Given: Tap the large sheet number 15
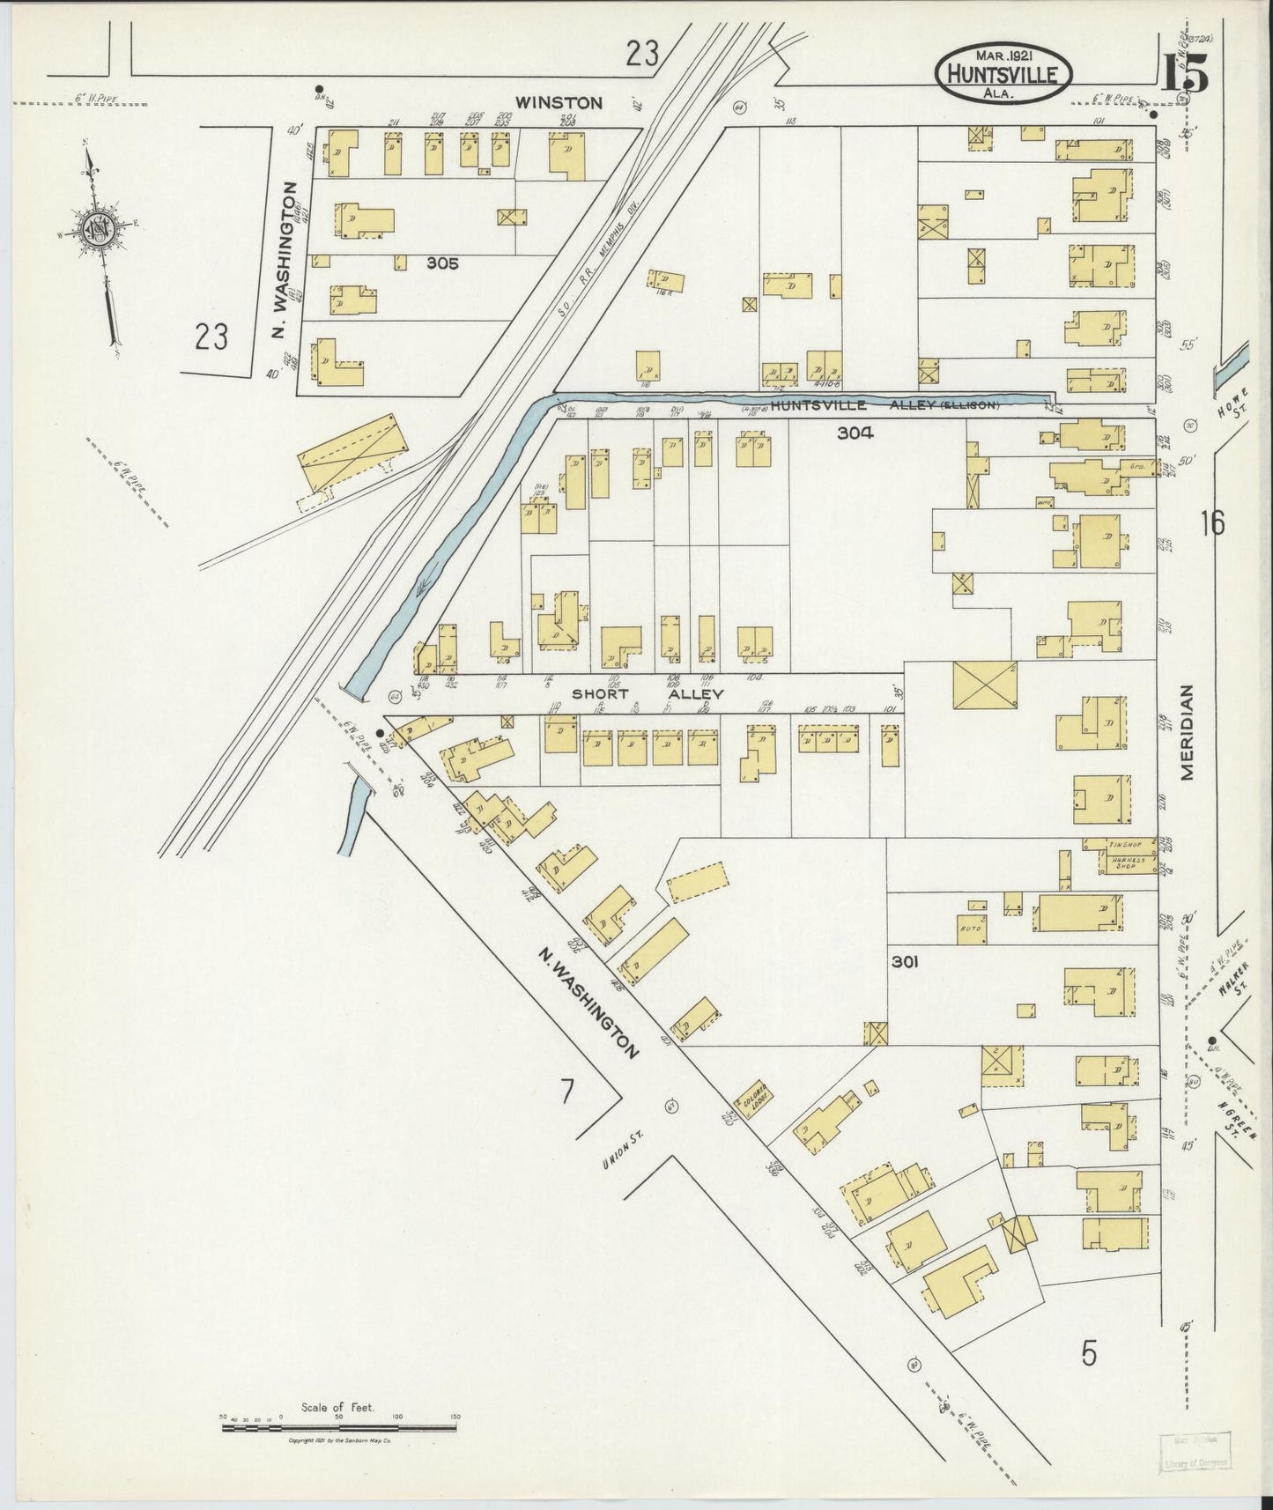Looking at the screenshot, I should coord(1184,72).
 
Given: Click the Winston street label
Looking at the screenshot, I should coord(559,103).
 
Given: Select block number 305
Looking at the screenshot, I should coord(441,262).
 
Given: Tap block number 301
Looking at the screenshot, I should coord(905,962).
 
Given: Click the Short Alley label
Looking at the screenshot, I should coord(648,694).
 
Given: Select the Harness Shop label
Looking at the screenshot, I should coord(1120,863).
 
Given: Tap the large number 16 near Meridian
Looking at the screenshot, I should coord(1211,523).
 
